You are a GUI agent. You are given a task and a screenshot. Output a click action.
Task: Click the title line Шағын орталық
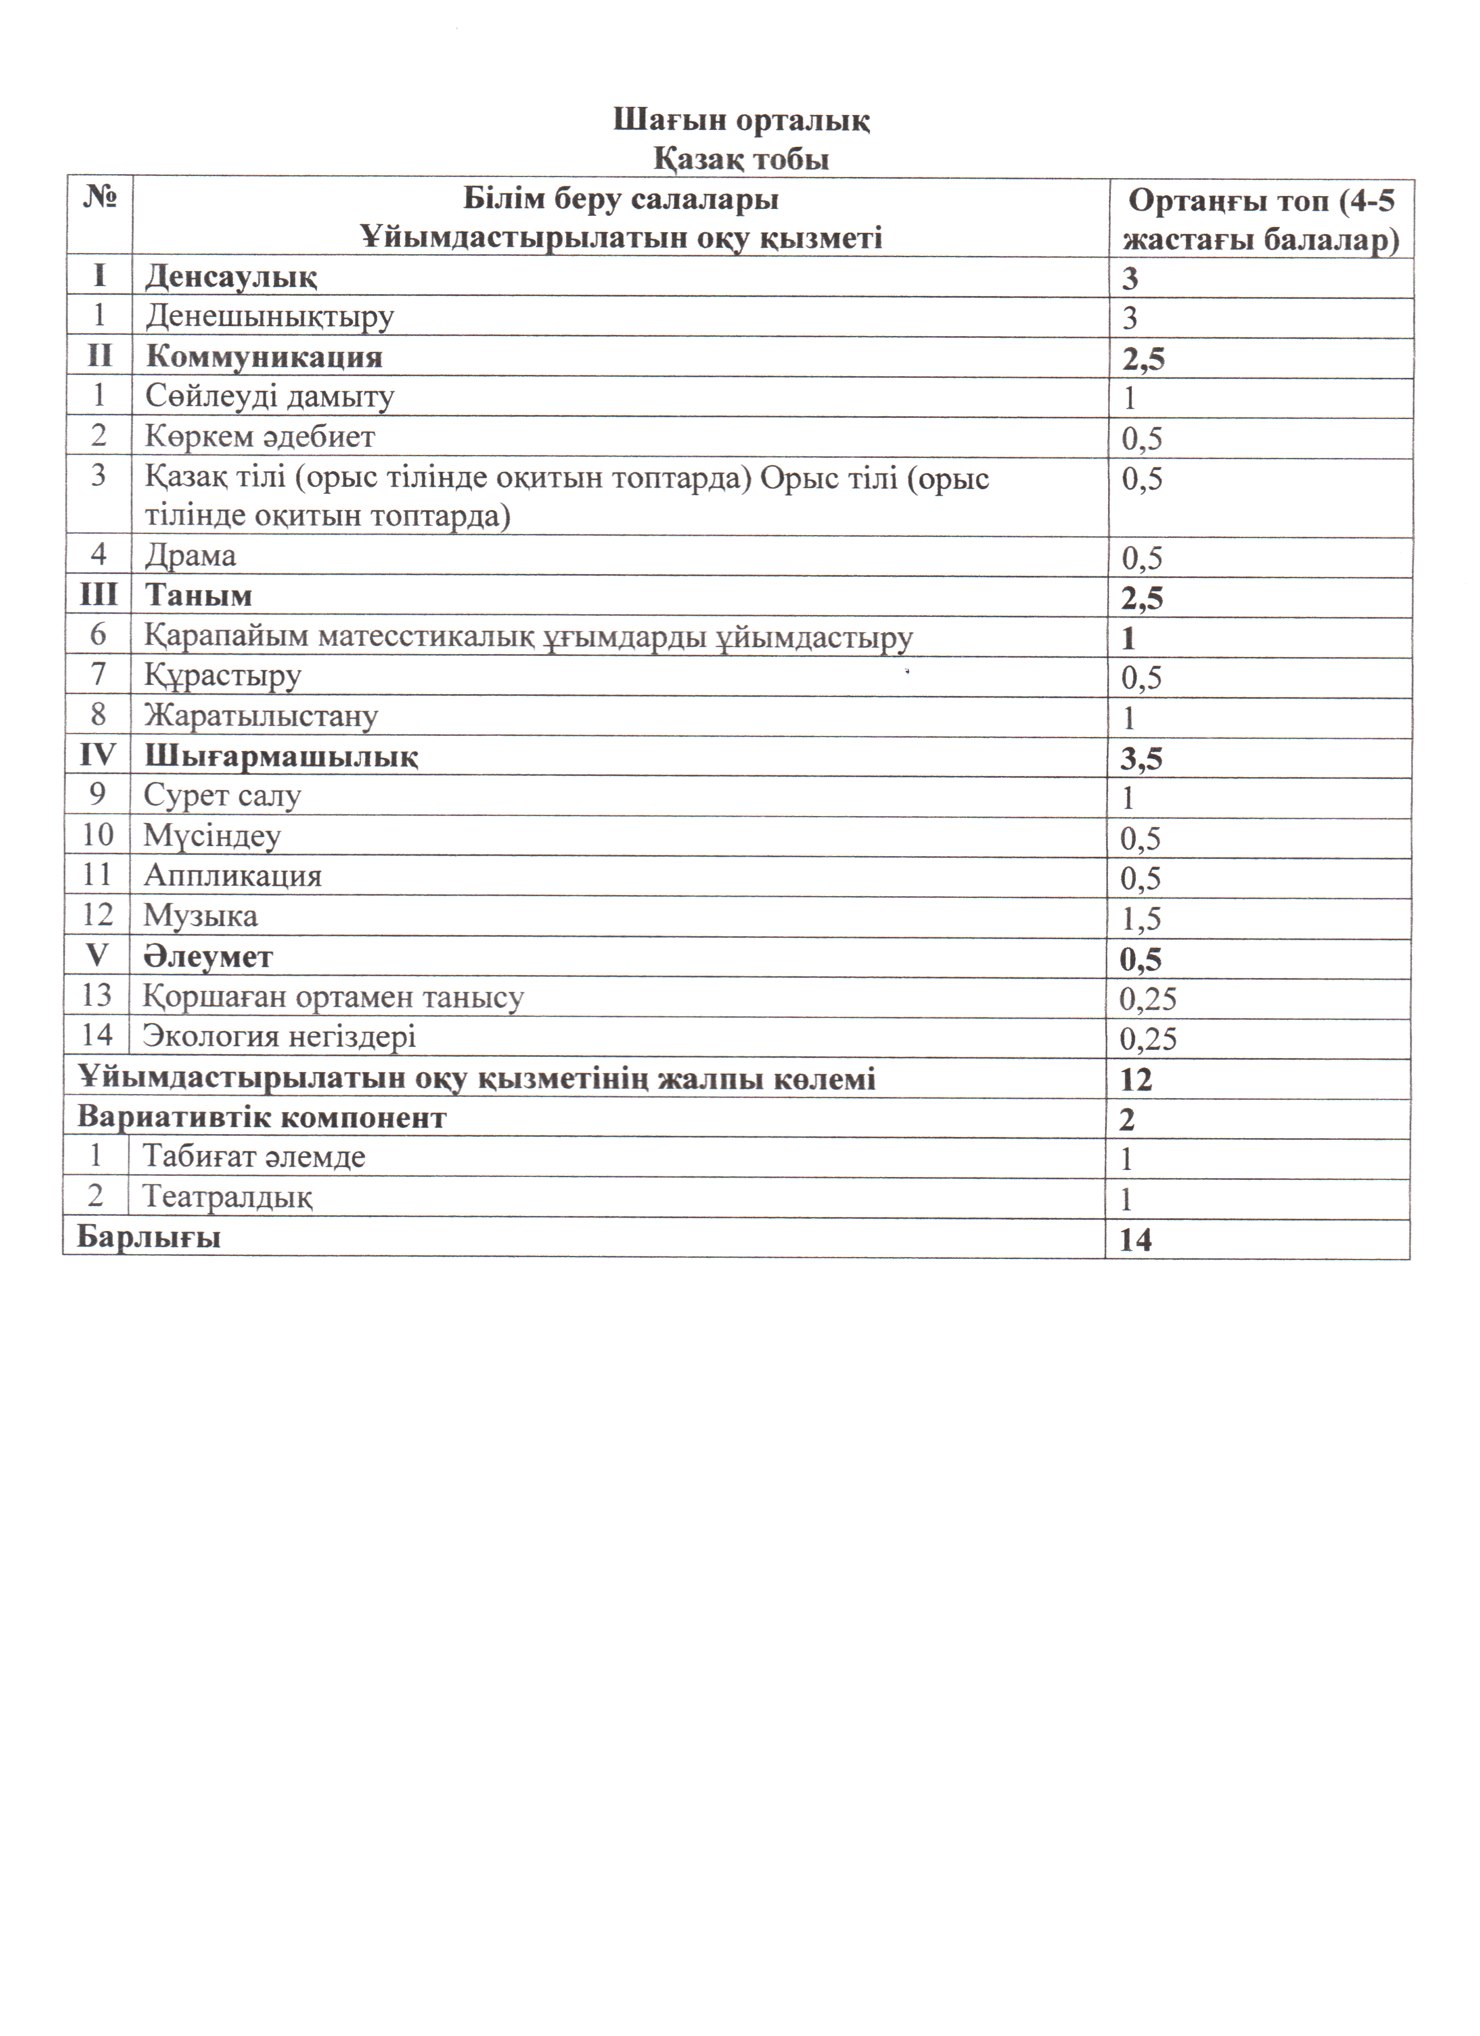(741, 120)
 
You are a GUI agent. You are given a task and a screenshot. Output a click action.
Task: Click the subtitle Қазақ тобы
(741, 160)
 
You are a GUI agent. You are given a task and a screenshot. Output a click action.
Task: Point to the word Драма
(190, 555)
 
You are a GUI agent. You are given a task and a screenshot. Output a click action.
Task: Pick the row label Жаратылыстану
(261, 716)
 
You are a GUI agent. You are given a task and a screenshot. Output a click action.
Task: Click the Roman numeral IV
(98, 755)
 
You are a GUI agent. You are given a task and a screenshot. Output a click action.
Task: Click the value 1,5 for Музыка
(1140, 918)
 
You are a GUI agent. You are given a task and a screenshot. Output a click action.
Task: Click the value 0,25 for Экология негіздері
(1148, 1039)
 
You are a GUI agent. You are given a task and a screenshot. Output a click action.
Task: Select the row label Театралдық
(227, 1197)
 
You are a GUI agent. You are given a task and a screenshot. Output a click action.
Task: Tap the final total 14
(1135, 1240)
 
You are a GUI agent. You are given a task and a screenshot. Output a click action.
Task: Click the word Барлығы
(149, 1237)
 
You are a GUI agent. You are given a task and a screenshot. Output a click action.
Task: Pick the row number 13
(97, 995)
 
